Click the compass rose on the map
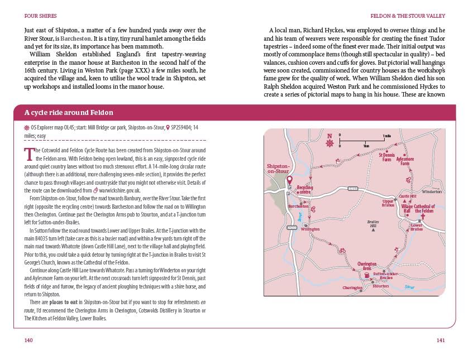click(329, 142)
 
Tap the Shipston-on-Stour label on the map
click(279, 169)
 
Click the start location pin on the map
click(289, 180)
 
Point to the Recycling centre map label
click(305, 190)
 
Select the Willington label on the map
click(310, 229)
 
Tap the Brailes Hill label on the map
click(373, 224)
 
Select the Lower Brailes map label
click(417, 227)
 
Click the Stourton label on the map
click(381, 286)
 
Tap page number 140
click(29, 340)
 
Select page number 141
click(440, 340)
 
